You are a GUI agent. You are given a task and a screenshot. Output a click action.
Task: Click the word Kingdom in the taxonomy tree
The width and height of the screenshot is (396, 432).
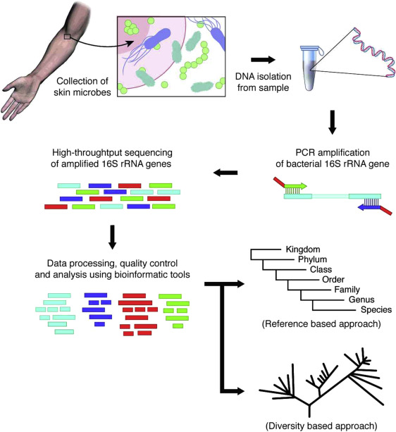click(303, 249)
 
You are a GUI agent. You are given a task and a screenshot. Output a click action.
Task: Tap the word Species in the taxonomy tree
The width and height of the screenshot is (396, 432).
click(376, 309)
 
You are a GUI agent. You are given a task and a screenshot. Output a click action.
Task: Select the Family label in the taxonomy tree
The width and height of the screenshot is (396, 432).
click(347, 290)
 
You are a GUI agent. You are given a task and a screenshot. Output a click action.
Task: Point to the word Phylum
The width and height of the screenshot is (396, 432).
click(312, 259)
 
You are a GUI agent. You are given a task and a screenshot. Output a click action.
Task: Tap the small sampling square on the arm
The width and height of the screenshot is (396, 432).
click(67, 37)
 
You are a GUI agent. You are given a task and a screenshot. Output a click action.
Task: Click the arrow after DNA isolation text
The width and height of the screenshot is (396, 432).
click(263, 59)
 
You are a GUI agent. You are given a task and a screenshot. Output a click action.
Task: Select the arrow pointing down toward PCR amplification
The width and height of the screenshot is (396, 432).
click(333, 122)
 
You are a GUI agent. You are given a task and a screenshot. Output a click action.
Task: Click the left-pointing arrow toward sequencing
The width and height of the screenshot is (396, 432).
click(225, 173)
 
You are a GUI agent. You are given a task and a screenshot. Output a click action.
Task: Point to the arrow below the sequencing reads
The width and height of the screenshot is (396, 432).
click(112, 237)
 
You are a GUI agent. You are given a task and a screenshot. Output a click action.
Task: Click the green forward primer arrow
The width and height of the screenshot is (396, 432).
click(295, 186)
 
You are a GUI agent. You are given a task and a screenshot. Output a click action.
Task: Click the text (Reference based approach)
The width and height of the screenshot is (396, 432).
click(321, 323)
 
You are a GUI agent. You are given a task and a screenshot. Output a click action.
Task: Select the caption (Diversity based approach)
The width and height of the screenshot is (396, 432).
click(321, 426)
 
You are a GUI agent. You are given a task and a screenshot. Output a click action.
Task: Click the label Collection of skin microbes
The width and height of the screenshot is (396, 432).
click(82, 87)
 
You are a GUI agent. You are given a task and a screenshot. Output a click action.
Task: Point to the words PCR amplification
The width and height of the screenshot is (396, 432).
click(333, 152)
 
